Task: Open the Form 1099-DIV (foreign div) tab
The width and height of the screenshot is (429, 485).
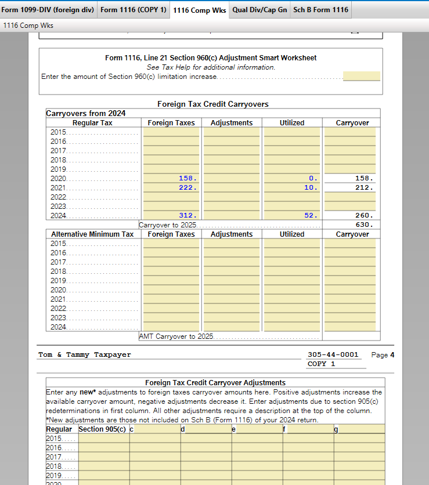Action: tap(48, 10)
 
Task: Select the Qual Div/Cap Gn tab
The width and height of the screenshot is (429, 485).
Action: tap(259, 10)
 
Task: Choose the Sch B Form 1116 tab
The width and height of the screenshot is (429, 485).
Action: tap(320, 10)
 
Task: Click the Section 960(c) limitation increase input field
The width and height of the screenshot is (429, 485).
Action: tap(361, 76)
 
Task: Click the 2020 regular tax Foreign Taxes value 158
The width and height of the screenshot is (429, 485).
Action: tap(188, 178)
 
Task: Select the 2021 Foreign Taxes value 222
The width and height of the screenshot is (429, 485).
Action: tap(188, 187)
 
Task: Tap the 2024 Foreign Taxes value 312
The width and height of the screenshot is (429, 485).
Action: tap(188, 215)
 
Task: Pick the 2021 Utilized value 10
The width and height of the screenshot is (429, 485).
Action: tap(311, 187)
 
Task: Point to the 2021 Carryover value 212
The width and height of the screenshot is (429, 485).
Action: tap(364, 187)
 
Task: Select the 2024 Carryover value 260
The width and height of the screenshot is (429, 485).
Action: tap(364, 215)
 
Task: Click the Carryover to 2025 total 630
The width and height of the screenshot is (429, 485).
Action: tap(364, 225)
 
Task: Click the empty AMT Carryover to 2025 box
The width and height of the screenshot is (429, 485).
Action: tap(351, 336)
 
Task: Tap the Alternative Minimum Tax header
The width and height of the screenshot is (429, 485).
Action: tap(92, 234)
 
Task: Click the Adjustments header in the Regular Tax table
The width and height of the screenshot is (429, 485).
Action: tap(232, 123)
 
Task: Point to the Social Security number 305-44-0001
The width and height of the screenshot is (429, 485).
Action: tap(333, 354)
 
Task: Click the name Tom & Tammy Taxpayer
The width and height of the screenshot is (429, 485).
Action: tap(85, 354)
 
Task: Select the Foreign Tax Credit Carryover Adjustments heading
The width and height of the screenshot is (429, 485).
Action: tap(215, 383)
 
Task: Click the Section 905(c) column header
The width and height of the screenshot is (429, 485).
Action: tap(102, 429)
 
